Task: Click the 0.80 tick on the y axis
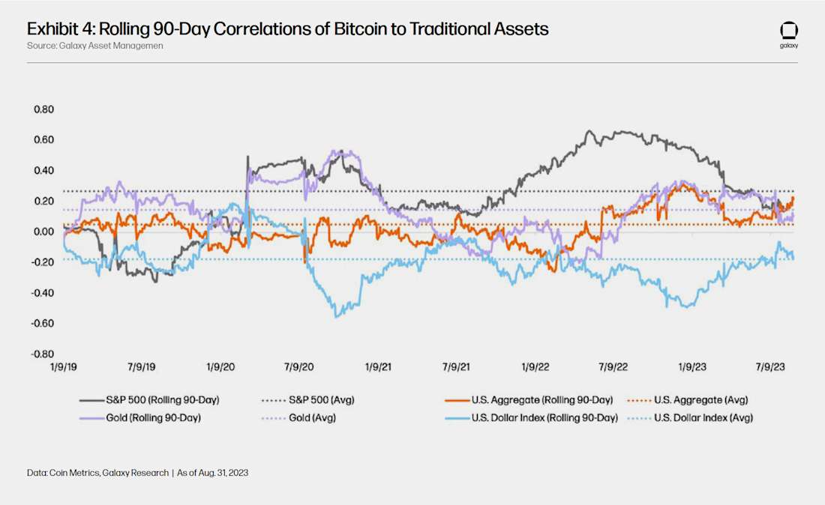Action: click(x=43, y=109)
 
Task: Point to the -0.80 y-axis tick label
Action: click(x=42, y=354)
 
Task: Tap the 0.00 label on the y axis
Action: click(x=43, y=232)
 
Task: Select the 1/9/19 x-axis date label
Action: click(x=64, y=368)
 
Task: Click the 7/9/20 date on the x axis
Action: click(x=298, y=368)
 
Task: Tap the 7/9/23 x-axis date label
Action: click(x=769, y=368)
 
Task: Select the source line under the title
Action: click(x=94, y=46)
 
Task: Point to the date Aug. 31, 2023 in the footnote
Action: click(x=223, y=474)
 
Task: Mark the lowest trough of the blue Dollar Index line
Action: click(x=336, y=317)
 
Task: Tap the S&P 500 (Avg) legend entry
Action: click(x=323, y=400)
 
